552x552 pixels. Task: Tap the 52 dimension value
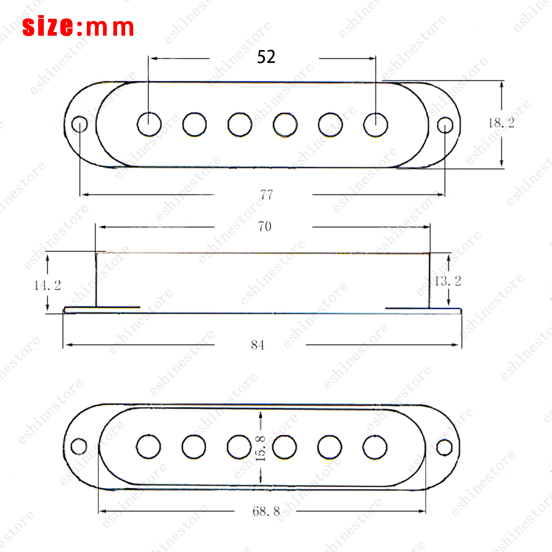click(266, 57)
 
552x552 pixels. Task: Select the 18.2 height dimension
click(501, 123)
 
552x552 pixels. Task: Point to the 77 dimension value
click(266, 194)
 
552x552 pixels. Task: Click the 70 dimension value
click(265, 226)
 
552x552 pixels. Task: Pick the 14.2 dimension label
click(47, 285)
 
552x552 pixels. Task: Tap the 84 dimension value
click(258, 345)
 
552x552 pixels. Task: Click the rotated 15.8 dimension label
click(260, 448)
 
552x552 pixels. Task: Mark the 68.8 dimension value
click(266, 511)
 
